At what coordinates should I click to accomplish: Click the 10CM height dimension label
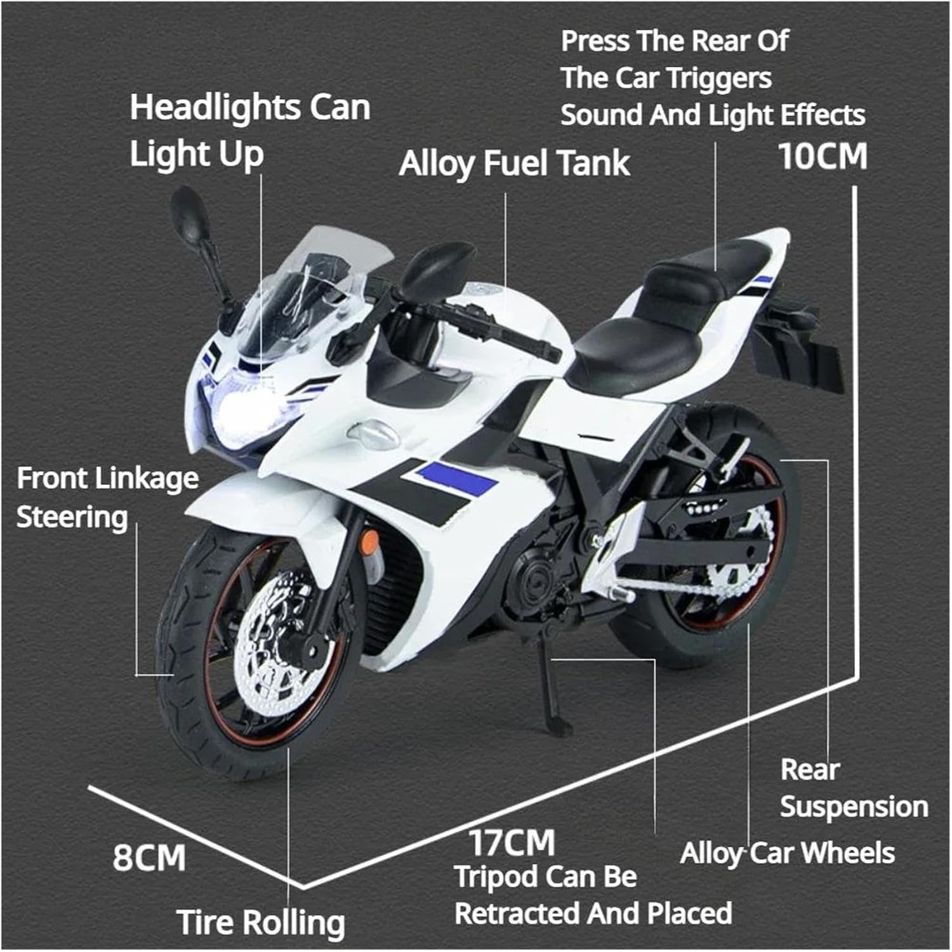tap(823, 156)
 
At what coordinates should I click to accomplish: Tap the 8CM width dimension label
tap(149, 858)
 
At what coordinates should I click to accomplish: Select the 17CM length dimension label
tap(512, 843)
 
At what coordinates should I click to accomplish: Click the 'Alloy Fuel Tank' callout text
tap(514, 164)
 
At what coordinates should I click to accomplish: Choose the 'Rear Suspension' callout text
tap(853, 788)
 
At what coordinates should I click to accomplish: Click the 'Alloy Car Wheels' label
tap(787, 854)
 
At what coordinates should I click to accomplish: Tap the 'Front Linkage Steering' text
tap(107, 498)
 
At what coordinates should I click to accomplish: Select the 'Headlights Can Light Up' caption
tap(249, 130)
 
